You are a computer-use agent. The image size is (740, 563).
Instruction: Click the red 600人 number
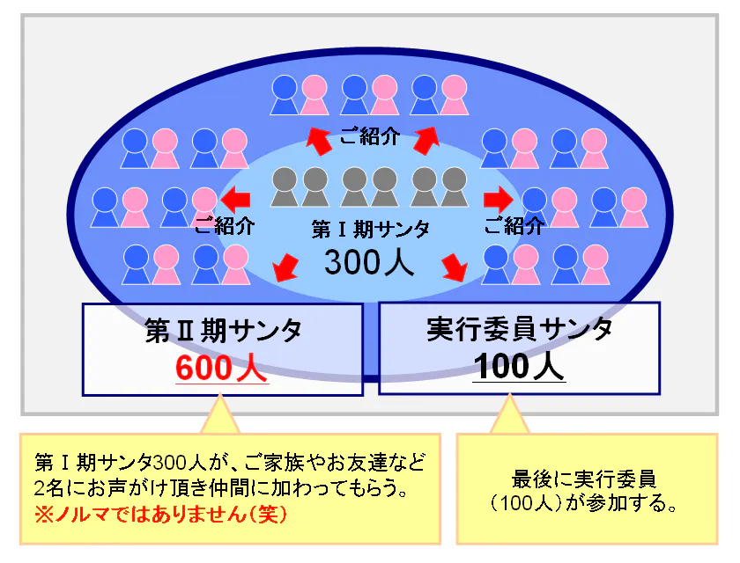(x=221, y=367)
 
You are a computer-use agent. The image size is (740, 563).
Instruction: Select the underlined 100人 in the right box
(x=520, y=367)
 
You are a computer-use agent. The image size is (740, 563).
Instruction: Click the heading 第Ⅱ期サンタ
(x=222, y=331)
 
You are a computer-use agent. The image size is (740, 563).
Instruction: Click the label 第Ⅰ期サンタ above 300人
(x=371, y=230)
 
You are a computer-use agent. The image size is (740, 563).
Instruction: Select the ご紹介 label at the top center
(x=370, y=136)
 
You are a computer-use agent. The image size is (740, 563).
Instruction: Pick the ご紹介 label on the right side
(x=514, y=225)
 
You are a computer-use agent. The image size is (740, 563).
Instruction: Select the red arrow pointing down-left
(x=285, y=266)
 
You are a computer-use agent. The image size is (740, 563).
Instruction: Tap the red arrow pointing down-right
(x=455, y=266)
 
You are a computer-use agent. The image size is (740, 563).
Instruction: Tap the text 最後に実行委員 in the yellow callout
(x=584, y=480)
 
